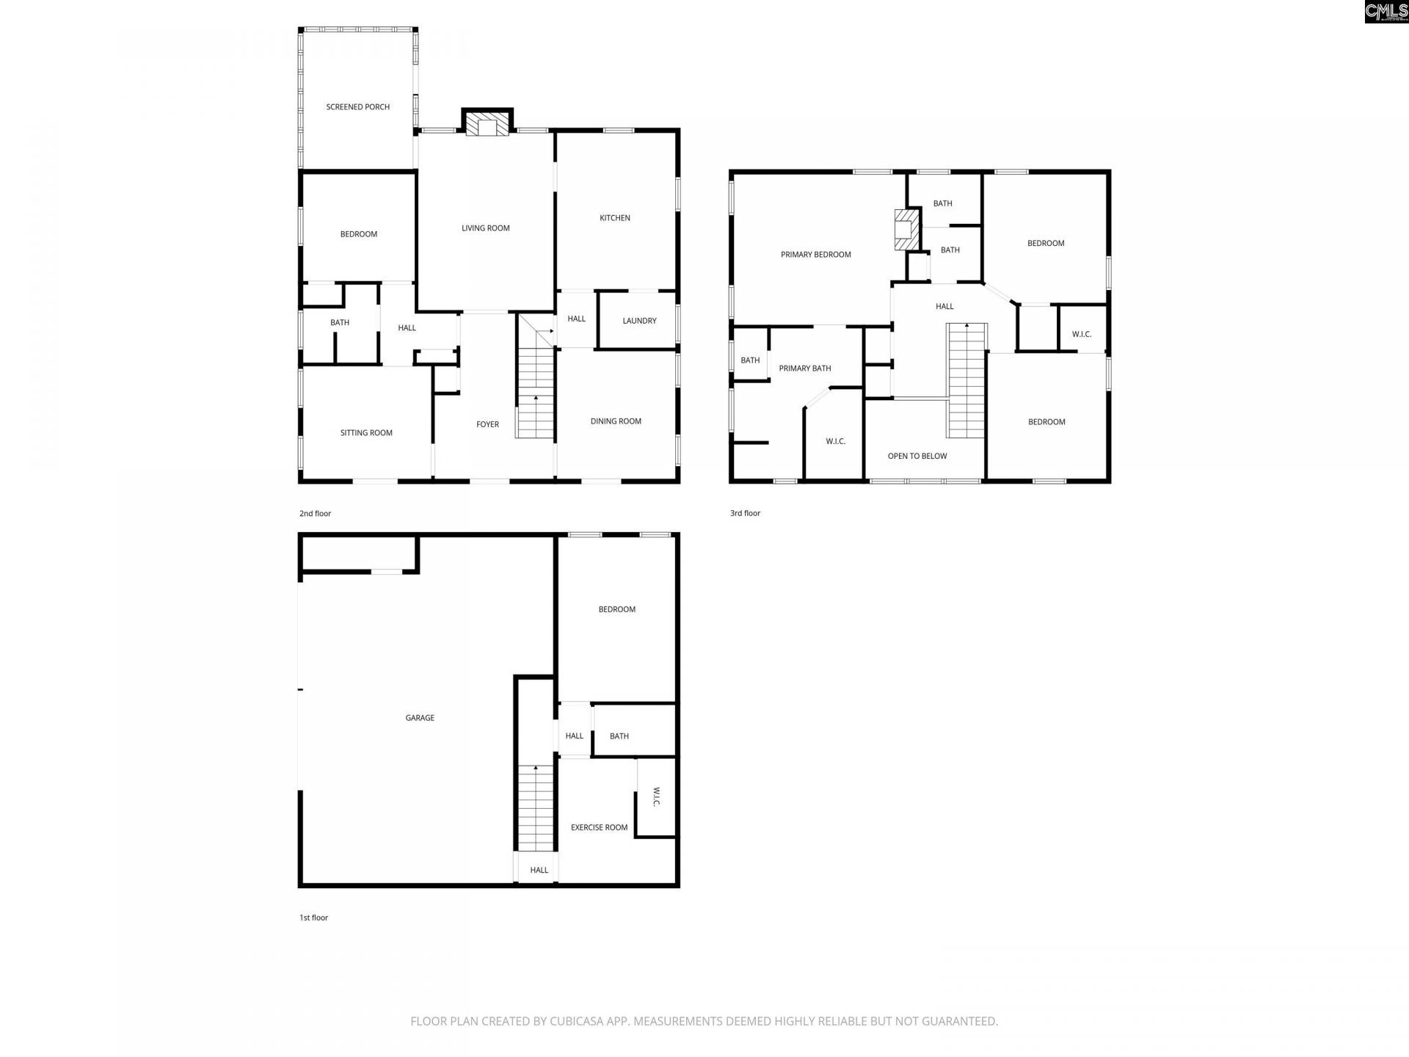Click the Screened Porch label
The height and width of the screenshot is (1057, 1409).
[357, 107]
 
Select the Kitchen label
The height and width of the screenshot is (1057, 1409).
[614, 218]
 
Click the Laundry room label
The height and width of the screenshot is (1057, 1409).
[639, 321]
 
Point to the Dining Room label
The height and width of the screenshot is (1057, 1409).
[616, 421]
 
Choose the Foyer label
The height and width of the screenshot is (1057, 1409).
[487, 424]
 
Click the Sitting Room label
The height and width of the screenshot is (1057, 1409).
[366, 433]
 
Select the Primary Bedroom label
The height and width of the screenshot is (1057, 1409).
[815, 255]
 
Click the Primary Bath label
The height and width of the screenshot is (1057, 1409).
[804, 368]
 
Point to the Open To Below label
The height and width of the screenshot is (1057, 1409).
[917, 457]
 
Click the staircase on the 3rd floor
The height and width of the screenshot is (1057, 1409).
[966, 382]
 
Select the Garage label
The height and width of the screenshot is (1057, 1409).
[420, 718]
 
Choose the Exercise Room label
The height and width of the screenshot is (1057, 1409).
[599, 827]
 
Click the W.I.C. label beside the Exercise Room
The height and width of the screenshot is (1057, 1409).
[656, 797]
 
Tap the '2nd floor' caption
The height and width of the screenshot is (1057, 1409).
[315, 514]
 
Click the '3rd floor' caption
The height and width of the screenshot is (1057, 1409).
[745, 513]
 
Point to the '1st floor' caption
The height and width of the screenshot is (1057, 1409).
[313, 918]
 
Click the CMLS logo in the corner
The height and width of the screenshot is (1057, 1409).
[1386, 11]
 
